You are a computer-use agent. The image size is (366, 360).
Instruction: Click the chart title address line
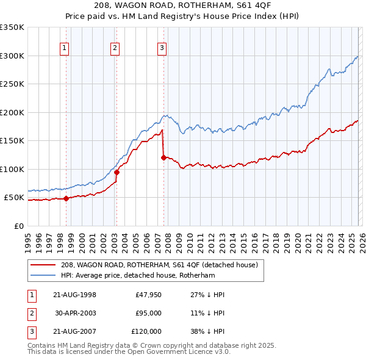tap(183, 5)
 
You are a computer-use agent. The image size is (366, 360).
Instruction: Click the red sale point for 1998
tap(66, 198)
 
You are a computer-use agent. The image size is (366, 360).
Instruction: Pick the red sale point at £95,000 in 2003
tap(117, 172)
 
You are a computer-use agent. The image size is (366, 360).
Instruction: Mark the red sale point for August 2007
tap(163, 157)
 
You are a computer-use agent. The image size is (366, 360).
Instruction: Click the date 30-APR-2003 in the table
tap(75, 313)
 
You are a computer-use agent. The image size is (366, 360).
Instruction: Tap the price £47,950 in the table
tap(149, 295)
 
